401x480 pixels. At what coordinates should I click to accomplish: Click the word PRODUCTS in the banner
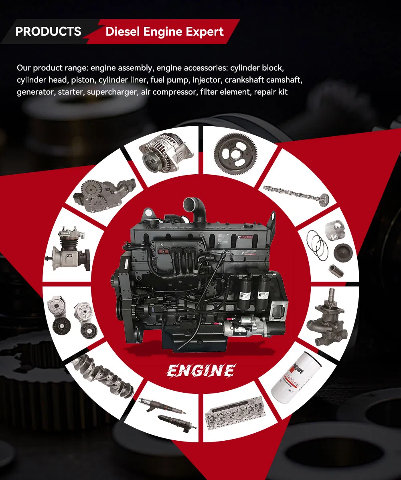pos(48,31)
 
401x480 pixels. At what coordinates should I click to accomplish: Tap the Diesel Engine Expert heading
pos(164,32)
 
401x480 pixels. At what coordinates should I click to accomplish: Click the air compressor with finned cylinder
pos(68,248)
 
